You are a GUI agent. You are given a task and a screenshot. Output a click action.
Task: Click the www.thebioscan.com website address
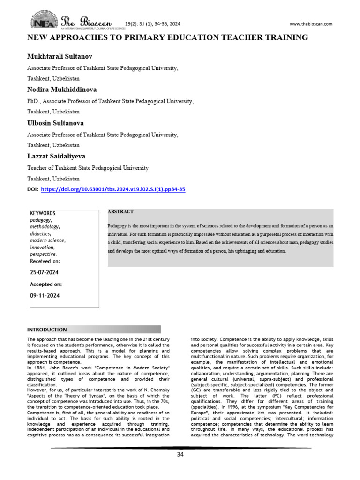311,24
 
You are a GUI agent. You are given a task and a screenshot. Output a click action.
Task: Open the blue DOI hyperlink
113,189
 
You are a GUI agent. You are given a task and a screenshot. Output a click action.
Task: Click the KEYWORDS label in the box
43,213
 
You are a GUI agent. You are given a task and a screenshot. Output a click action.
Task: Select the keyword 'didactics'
40,233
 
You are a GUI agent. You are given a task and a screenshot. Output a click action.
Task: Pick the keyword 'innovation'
42,247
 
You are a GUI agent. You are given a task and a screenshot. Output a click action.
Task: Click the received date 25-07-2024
45,272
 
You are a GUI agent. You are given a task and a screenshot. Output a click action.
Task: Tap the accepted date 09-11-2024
45,296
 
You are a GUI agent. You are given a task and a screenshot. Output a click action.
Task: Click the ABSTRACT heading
120,212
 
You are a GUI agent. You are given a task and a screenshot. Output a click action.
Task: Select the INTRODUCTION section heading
47,330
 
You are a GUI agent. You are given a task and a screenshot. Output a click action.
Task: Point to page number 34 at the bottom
180,454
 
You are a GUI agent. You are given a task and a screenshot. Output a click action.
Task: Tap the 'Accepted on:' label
45,284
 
